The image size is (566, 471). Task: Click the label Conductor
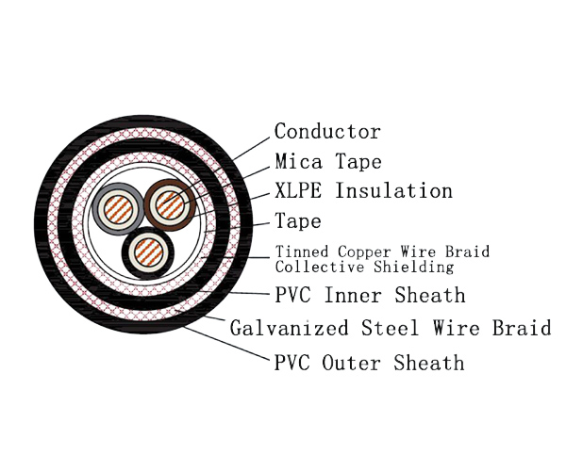pyautogui.click(x=327, y=132)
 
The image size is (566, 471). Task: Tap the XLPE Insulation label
pyautogui.click(x=363, y=191)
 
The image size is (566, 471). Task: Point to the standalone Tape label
pyautogui.click(x=298, y=222)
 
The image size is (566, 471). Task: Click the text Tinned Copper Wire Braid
pyautogui.click(x=382, y=252)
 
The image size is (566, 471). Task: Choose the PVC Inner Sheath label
pyautogui.click(x=370, y=296)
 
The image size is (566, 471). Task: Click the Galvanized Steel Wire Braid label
pyautogui.click(x=390, y=329)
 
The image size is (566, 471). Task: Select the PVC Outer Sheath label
pyautogui.click(x=369, y=362)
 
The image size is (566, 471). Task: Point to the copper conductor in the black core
pyautogui.click(x=148, y=252)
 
